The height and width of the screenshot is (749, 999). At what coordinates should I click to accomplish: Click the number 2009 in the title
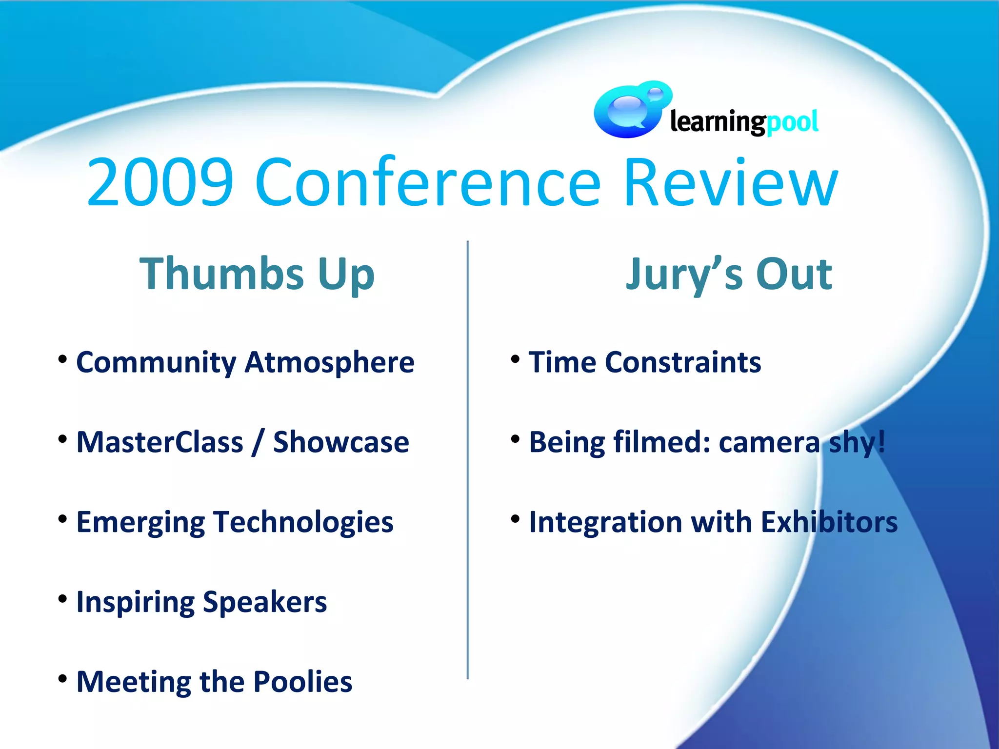click(160, 183)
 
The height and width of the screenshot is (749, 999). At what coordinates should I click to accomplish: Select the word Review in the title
click(730, 183)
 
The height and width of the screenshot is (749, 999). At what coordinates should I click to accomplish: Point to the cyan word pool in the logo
click(792, 122)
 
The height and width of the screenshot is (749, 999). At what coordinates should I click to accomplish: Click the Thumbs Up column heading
click(257, 274)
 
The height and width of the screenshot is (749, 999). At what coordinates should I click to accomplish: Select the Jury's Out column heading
click(729, 274)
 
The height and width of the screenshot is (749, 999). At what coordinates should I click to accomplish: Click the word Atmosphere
click(330, 362)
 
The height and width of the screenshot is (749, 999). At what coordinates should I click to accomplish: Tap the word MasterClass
click(160, 442)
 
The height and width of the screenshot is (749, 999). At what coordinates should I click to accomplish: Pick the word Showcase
click(341, 442)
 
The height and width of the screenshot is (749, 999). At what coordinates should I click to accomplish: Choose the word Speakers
click(265, 602)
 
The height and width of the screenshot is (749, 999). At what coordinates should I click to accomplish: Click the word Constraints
click(683, 362)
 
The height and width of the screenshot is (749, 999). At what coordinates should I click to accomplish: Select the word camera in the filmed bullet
click(769, 442)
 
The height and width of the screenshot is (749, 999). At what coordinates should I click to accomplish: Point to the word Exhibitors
click(829, 522)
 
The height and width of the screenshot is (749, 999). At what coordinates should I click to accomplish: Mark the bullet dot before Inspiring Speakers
click(62, 599)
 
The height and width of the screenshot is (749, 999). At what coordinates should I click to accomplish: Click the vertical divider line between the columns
click(468, 458)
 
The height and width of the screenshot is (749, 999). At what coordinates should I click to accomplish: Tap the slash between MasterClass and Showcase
click(258, 442)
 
